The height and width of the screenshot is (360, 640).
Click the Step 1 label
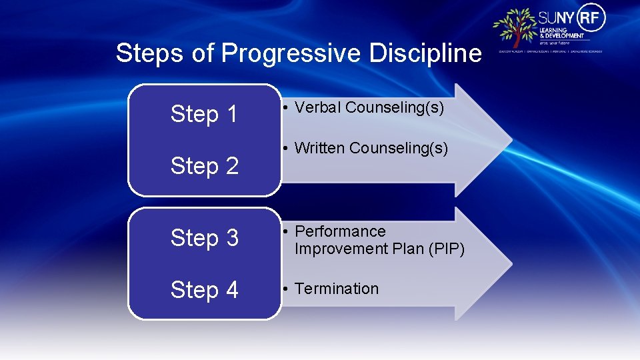click(x=204, y=115)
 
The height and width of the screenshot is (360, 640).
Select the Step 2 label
click(x=204, y=166)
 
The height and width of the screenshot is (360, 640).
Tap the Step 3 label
click(x=204, y=238)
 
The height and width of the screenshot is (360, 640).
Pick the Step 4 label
click(x=204, y=290)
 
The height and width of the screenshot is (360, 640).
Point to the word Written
click(x=319, y=148)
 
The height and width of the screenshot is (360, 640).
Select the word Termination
click(x=337, y=289)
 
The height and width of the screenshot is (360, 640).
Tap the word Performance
click(x=340, y=231)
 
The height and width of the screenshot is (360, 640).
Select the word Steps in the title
click(x=151, y=53)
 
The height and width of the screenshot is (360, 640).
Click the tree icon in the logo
click(x=515, y=27)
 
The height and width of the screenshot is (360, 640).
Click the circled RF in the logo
click(x=592, y=17)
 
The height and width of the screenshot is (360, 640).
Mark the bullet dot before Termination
click(x=285, y=289)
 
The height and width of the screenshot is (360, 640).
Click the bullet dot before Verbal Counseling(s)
click(x=285, y=108)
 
